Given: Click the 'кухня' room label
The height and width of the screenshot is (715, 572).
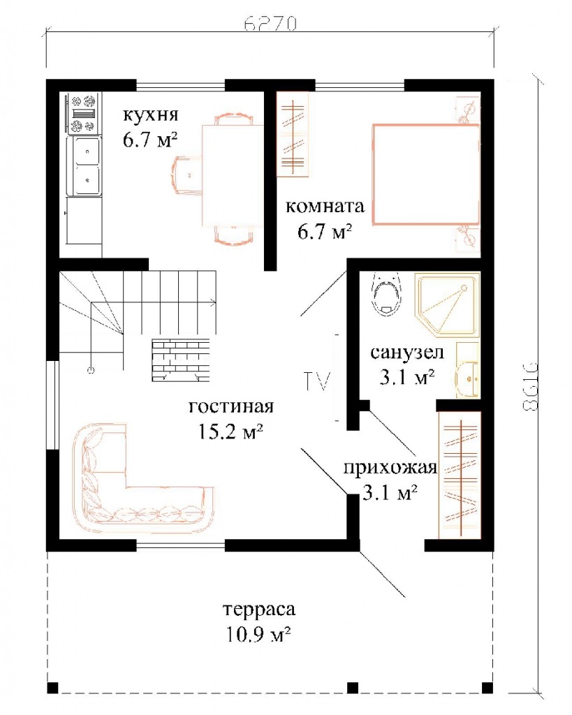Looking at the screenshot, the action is coord(150,115).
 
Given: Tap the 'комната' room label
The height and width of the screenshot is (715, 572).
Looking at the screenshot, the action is coord(325,207).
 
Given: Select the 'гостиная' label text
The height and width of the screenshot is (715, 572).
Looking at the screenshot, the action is coord(231,406).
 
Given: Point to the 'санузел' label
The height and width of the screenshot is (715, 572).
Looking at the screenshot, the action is coord(407,353).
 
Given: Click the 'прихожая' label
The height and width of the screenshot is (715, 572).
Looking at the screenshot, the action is coord(390,468).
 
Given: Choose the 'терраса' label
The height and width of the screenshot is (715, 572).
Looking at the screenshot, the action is coord(259,609).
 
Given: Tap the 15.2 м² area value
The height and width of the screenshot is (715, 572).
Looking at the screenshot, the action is coord(230,431).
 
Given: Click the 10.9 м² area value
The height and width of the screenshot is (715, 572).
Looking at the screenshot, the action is coord(258,634).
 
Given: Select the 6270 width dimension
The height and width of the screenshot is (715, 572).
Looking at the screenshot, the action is coord(270,24).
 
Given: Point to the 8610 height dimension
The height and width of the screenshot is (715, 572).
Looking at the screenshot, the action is coord(529,386).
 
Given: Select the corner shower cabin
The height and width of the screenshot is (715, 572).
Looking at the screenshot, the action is coord(447,305).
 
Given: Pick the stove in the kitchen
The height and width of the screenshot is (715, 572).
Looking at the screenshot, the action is coord(83,113).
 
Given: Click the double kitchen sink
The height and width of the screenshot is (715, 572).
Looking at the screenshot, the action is coord(84,166).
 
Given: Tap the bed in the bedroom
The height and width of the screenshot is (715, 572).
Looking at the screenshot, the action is coord(426,174).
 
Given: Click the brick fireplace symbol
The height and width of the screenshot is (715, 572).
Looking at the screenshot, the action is coord(181,360).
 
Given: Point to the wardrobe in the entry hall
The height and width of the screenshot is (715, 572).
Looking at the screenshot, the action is coord(460,475).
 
